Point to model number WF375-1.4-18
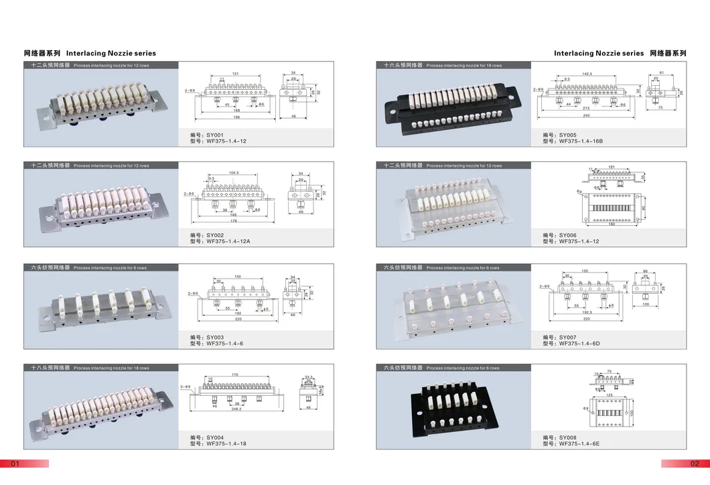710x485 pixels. point(226,443)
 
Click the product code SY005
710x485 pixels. point(567,135)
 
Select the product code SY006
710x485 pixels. point(567,235)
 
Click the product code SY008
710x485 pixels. point(567,437)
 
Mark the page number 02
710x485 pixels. point(694,464)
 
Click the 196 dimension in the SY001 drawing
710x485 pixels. point(236,118)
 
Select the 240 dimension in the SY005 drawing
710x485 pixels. point(587,117)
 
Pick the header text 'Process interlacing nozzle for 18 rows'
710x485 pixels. point(111,368)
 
